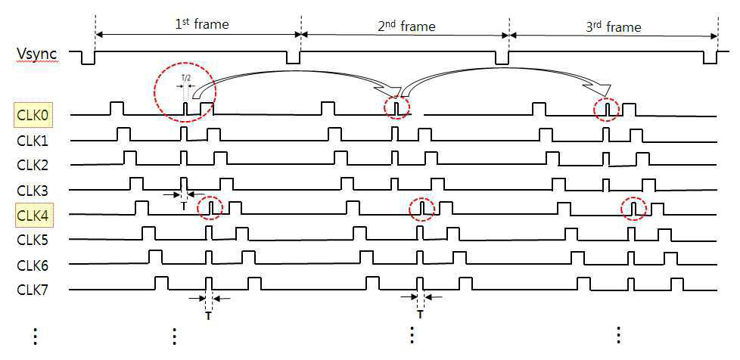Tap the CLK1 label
tap(34, 141)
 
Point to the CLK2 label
tap(34, 165)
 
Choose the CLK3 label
tap(34, 190)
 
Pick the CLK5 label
tap(34, 240)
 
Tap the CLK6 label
tap(34, 265)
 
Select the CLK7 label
tap(34, 290)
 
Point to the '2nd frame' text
tap(406, 26)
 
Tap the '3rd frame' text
tap(614, 27)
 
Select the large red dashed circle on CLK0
tap(185, 93)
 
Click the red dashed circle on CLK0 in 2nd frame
tap(397, 107)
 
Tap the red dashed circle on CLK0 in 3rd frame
tap(606, 110)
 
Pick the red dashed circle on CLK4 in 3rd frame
tap(634, 208)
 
